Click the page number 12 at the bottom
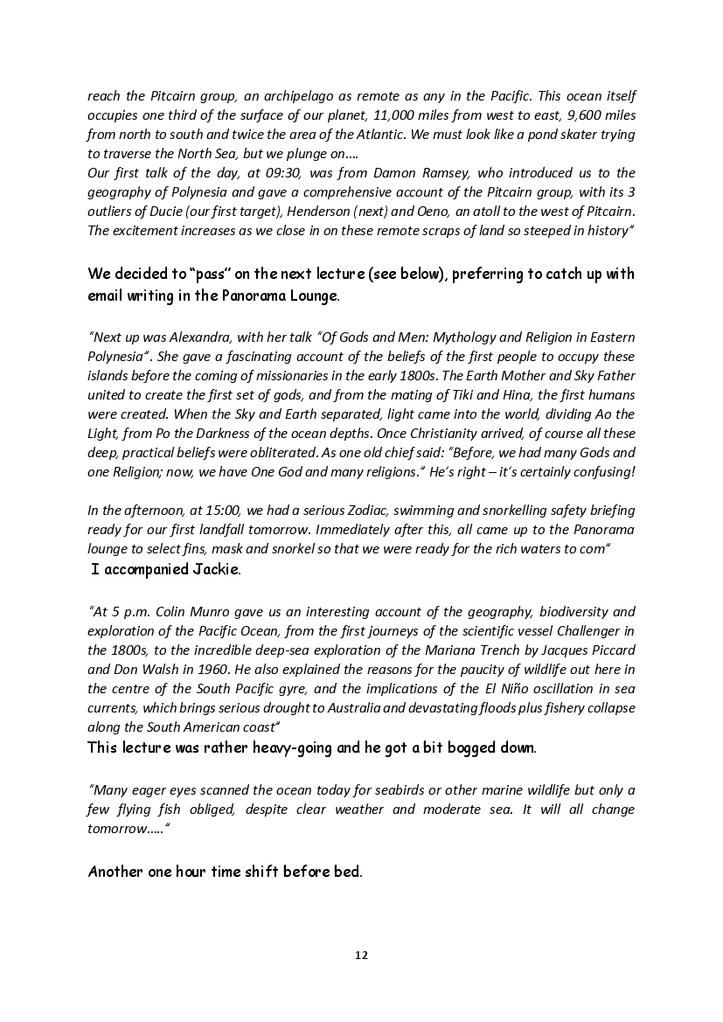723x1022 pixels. [361, 955]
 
